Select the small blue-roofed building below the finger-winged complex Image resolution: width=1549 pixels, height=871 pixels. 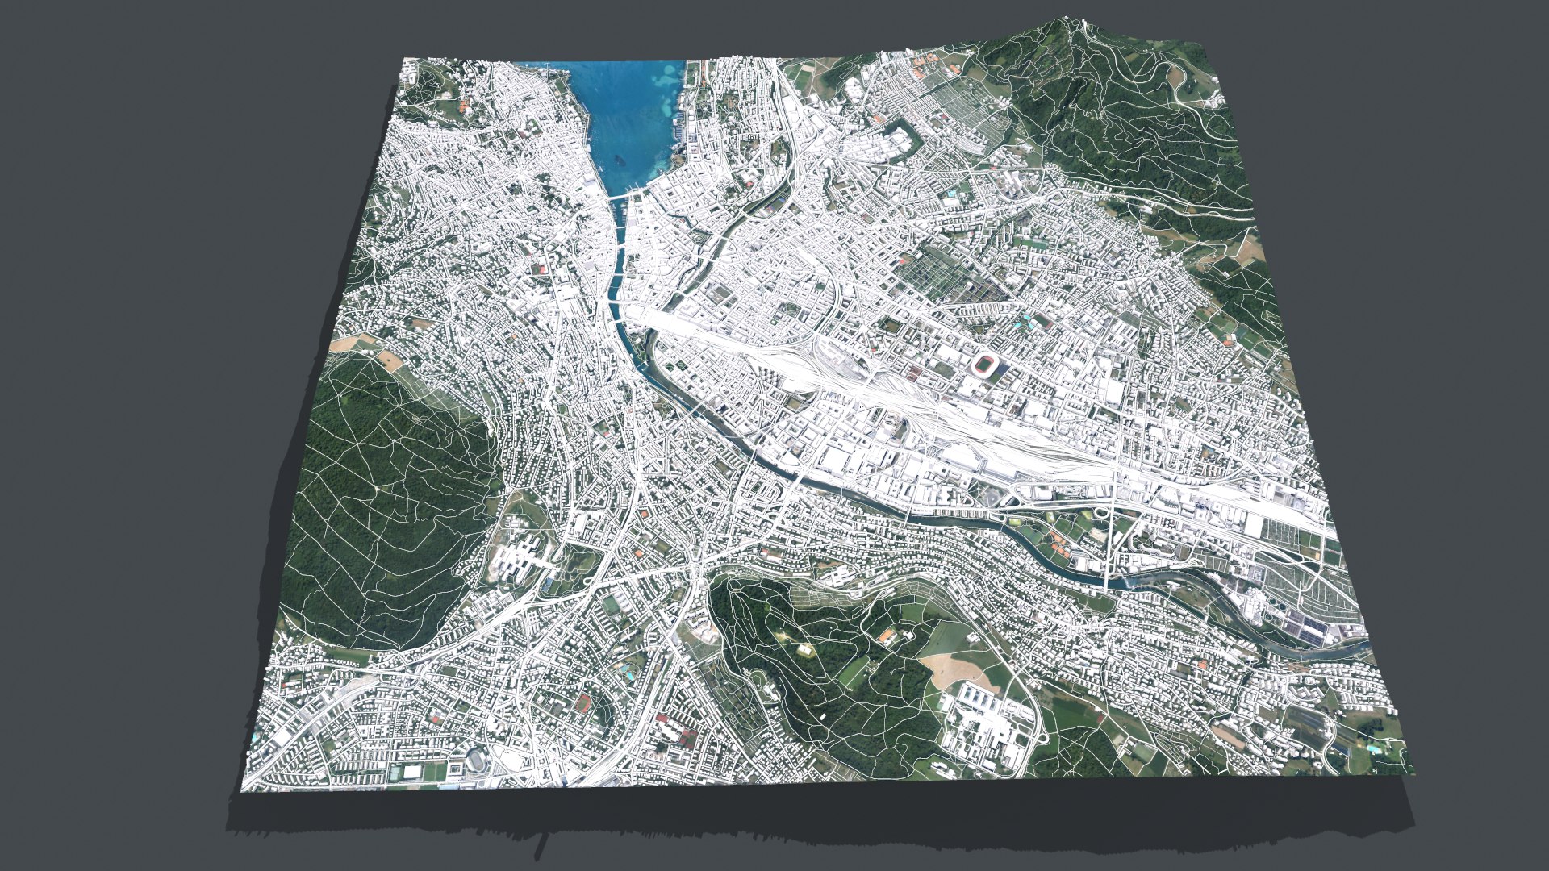[549, 581]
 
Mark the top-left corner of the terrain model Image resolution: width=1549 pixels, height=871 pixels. [403, 59]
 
